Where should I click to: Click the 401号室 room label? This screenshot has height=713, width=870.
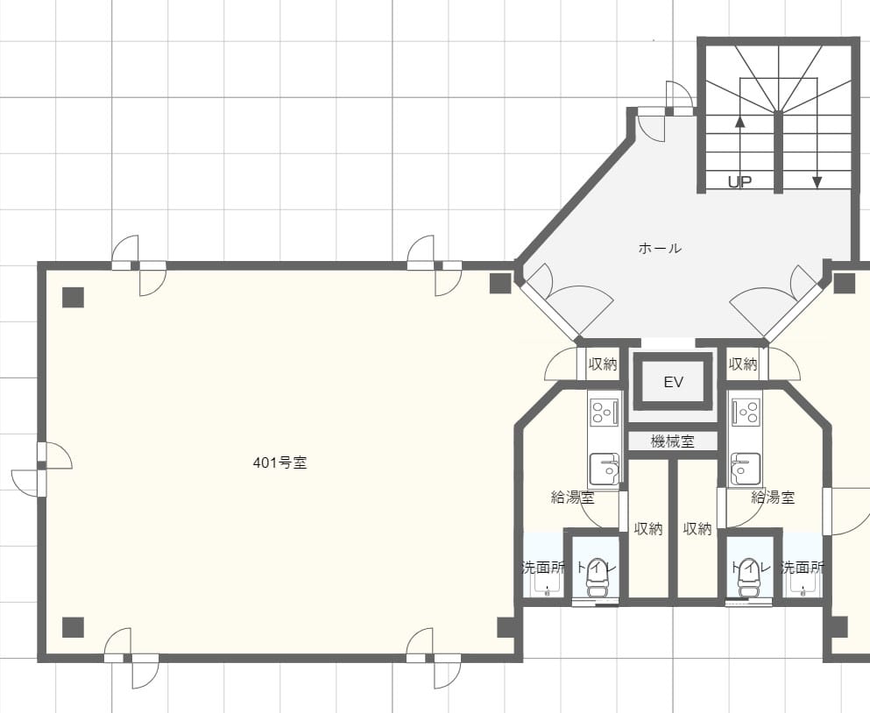tap(279, 462)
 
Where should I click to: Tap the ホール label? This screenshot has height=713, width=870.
tap(660, 248)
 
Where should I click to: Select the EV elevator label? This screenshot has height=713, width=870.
tap(673, 382)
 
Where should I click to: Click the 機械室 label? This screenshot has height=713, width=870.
tap(673, 441)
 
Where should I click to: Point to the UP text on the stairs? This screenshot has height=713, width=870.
tap(739, 182)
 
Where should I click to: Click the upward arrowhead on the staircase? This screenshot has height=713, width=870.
tap(739, 121)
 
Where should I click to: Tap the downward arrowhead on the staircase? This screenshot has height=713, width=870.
tap(817, 182)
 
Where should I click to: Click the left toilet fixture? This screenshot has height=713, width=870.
tap(598, 577)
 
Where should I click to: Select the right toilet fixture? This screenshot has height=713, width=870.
tap(748, 577)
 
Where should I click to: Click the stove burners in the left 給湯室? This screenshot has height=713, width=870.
tap(605, 413)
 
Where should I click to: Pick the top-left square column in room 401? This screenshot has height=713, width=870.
tap(73, 297)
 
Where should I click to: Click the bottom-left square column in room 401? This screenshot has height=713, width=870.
tap(73, 627)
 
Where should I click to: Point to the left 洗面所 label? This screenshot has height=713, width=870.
tap(544, 568)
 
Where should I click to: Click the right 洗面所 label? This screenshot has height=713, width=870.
tap(803, 568)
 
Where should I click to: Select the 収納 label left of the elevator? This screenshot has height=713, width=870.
tap(603, 364)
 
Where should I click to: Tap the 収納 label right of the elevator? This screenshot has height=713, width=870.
tap(743, 364)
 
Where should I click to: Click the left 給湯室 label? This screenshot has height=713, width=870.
tap(573, 498)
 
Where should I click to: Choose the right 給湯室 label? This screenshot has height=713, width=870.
tap(773, 498)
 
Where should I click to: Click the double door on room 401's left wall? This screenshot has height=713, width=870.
tap(41, 469)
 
